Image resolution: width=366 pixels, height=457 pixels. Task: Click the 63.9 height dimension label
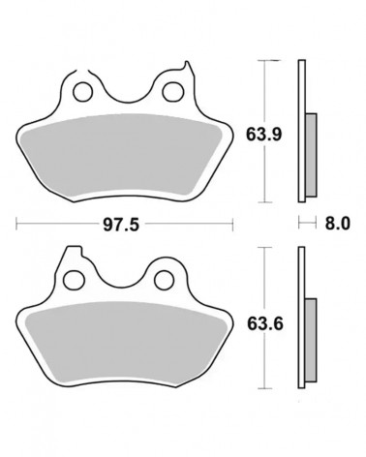pyautogui.click(x=263, y=135)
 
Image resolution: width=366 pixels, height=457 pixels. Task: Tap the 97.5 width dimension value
pyautogui.click(x=121, y=225)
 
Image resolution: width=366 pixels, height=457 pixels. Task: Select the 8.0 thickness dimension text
pyautogui.click(x=337, y=223)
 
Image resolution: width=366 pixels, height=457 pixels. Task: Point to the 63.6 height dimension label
pyautogui.click(x=265, y=323)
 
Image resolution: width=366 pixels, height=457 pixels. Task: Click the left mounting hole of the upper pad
pyautogui.click(x=83, y=92)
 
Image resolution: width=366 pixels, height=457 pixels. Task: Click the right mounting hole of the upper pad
pyautogui.click(x=173, y=92)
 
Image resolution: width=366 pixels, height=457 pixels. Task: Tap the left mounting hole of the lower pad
pyautogui.click(x=75, y=280)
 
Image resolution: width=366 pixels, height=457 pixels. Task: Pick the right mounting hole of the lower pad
pyautogui.click(x=165, y=280)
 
